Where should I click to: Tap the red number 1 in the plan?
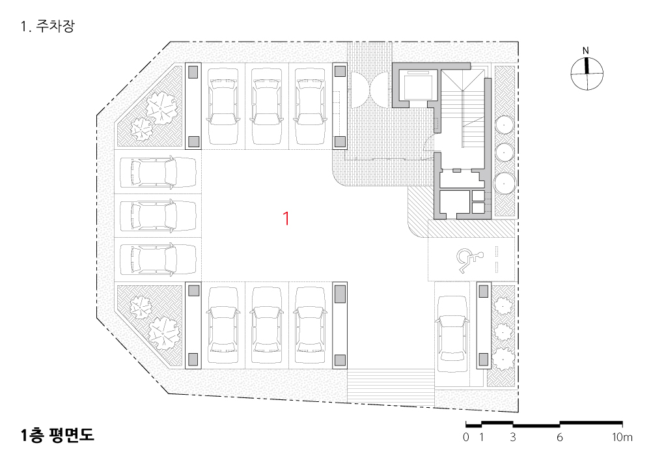(286, 218)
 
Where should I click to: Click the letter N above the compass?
(586, 51)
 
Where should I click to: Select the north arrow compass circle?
(587, 74)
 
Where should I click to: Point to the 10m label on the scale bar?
(622, 437)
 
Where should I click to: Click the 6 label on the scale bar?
(559, 437)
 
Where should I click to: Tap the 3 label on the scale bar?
(513, 437)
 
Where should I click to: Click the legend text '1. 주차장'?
(48, 27)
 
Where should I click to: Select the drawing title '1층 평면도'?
(57, 435)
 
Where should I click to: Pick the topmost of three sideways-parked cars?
(158, 172)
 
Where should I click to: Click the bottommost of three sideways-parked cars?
(158, 259)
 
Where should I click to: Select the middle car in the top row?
(266, 106)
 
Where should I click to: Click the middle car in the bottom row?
(266, 325)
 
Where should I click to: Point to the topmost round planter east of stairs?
(504, 124)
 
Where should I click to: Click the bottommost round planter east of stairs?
(504, 183)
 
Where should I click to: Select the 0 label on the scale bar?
(466, 437)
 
